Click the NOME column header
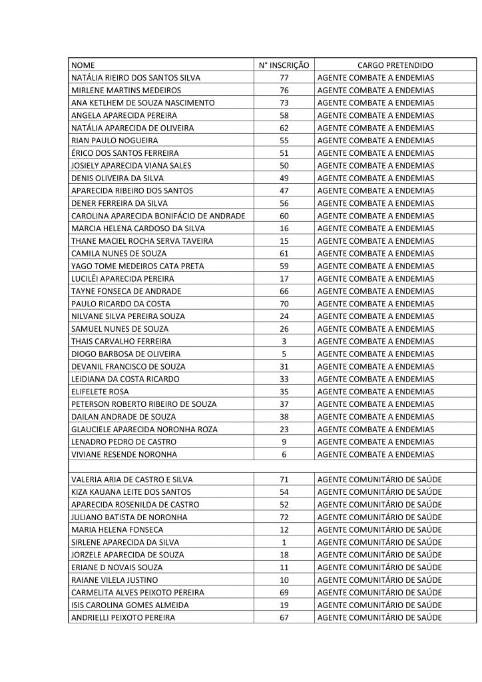point(83,65)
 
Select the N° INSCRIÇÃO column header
point(284,65)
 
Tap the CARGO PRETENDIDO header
point(395,65)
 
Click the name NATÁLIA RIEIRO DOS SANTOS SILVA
point(135,78)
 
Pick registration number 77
point(284,78)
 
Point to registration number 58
point(284,115)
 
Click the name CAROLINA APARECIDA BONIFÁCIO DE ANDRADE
point(158,216)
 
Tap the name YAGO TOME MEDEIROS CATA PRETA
point(128,266)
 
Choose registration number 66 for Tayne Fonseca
point(284,291)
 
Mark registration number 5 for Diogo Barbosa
point(284,354)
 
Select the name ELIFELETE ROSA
point(100,392)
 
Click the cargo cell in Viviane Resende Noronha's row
point(375,454)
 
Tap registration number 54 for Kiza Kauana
point(284,492)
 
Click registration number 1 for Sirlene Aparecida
point(284,542)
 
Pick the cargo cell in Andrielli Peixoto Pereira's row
point(380,617)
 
